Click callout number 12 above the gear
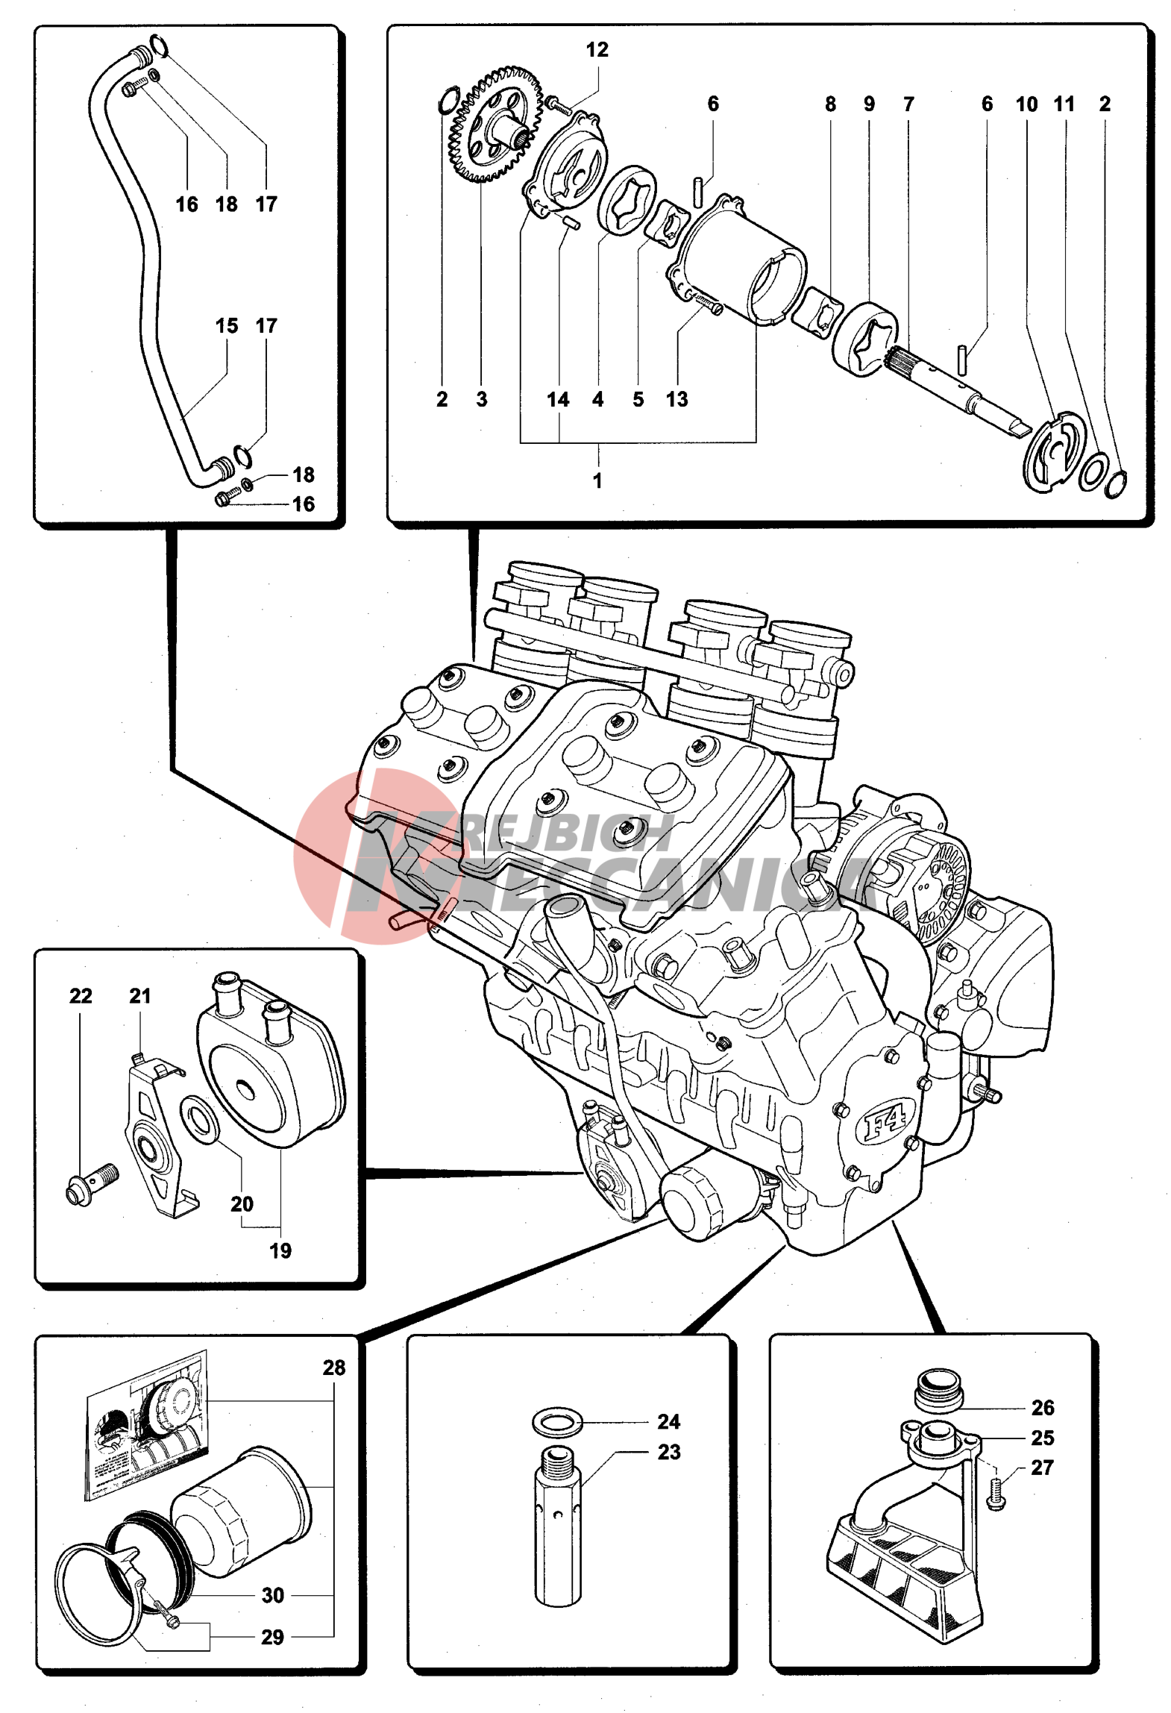[597, 50]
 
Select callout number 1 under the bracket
[597, 480]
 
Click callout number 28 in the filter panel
[333, 1368]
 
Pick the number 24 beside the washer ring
[668, 1422]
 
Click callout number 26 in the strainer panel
[1042, 1408]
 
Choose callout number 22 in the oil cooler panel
[81, 996]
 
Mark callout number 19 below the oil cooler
[280, 1251]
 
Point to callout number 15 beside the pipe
[227, 326]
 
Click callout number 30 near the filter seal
[272, 1595]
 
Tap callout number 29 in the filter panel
[272, 1638]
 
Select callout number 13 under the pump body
[676, 400]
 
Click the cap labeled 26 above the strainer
[938, 1389]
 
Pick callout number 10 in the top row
[1026, 104]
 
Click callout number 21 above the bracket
[140, 996]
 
